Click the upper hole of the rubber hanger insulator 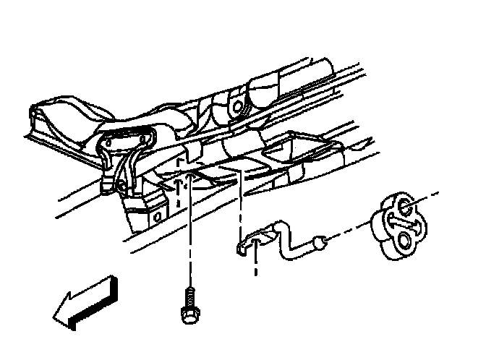(406, 209)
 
